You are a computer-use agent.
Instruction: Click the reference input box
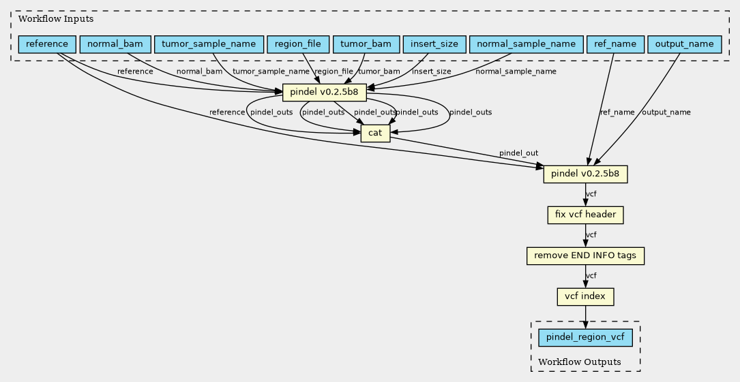click(x=47, y=44)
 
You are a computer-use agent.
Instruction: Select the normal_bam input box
click(x=115, y=44)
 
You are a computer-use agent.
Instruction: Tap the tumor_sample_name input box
click(x=209, y=44)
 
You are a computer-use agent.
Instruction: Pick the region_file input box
click(x=298, y=44)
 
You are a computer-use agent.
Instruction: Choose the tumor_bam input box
click(x=366, y=44)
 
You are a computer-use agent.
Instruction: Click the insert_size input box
click(x=434, y=44)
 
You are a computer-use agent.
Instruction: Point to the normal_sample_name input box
click(x=527, y=44)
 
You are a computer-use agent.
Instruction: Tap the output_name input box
click(x=684, y=44)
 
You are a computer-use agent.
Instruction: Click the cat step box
click(x=375, y=133)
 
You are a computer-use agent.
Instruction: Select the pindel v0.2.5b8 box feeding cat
click(x=324, y=92)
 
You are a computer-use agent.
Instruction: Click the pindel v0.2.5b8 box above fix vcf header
click(x=585, y=174)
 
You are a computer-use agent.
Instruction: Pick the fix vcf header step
click(x=585, y=214)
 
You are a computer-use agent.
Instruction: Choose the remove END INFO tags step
click(x=585, y=256)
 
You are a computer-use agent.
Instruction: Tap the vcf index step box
click(x=585, y=297)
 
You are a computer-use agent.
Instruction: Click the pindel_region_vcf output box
click(x=585, y=338)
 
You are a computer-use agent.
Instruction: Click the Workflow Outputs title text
click(x=580, y=362)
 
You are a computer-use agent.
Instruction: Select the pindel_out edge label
click(x=518, y=153)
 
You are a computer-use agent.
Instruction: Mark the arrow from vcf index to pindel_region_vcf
click(x=585, y=317)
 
